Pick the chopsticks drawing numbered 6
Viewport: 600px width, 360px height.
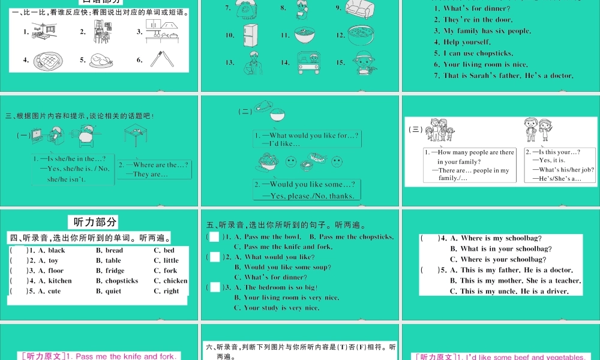coord(161,59)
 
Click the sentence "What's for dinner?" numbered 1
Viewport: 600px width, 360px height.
coord(477,8)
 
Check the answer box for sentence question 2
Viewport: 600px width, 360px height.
coord(215,257)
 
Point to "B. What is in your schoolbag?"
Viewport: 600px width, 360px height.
coord(501,248)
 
